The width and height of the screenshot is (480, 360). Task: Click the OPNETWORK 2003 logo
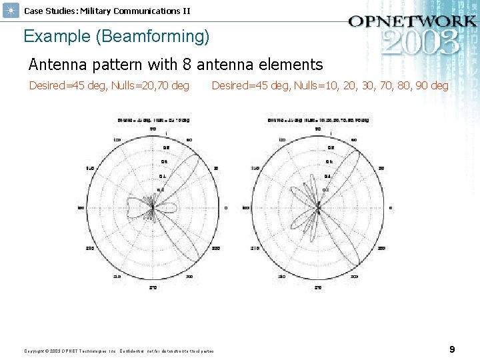[x=411, y=33]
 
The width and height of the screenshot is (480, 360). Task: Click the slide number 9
[x=453, y=349]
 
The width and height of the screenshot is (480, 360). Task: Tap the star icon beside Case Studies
[x=11, y=11]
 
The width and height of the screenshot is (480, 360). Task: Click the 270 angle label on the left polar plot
[x=153, y=288]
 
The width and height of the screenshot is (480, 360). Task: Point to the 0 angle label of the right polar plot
[x=391, y=208]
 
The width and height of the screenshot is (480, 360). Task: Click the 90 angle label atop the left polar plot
[x=153, y=128]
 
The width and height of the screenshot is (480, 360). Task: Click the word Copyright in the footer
[x=34, y=351]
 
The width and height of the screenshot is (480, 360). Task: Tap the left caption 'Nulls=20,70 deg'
[x=148, y=85]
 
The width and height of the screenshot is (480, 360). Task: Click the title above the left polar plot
[x=153, y=121]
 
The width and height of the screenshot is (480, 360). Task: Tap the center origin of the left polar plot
[x=153, y=208]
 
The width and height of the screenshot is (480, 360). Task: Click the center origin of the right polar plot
[x=319, y=208]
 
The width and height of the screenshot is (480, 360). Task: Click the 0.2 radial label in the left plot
[x=160, y=190]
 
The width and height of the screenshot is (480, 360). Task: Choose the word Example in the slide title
[x=57, y=36]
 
